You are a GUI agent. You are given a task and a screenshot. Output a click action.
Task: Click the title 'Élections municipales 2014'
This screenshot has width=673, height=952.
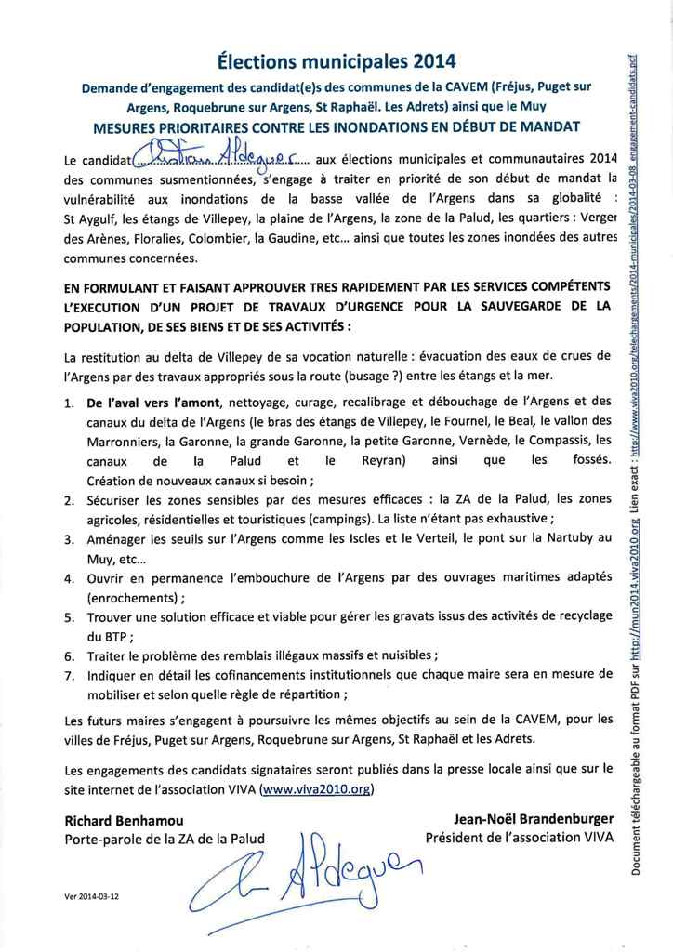336,62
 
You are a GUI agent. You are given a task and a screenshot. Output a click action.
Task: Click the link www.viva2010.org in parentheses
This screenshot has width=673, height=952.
316,789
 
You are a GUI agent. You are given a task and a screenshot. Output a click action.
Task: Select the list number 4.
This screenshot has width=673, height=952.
70,578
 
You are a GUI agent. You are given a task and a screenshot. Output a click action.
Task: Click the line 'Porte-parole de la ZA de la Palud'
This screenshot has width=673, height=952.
165,840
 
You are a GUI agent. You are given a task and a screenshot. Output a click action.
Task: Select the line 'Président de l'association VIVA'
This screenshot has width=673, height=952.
520,839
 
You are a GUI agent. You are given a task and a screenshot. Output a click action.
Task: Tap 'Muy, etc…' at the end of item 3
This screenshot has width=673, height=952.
116,560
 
